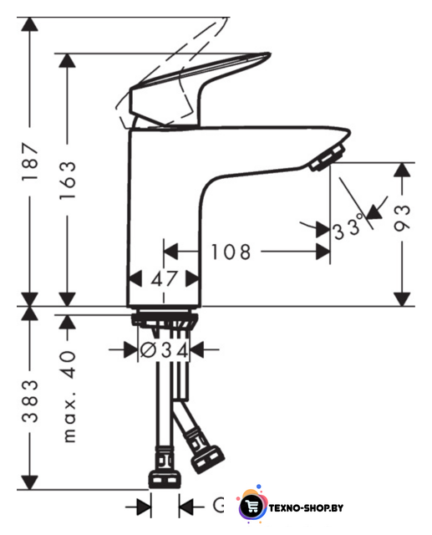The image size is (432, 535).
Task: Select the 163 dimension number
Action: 68,180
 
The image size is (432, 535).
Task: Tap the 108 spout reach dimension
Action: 231,252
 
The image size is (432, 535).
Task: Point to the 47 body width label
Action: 165,278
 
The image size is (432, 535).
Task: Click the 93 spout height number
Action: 402,219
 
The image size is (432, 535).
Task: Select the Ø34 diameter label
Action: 165,349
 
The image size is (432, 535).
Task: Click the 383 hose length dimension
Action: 30,401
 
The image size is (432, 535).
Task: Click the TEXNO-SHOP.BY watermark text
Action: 306,508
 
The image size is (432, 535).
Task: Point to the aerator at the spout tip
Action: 327,157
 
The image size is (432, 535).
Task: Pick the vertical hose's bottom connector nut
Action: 165,479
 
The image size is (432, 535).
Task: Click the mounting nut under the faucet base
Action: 165,320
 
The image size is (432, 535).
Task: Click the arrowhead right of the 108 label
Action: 323,252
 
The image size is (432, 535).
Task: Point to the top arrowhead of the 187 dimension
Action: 30,24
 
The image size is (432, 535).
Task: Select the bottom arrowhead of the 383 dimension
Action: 30,482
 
